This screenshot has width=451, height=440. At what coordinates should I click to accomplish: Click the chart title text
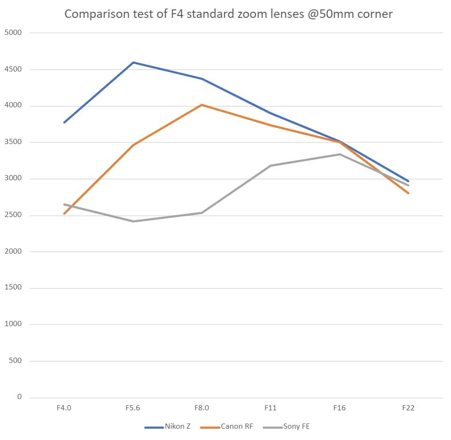pyautogui.click(x=228, y=14)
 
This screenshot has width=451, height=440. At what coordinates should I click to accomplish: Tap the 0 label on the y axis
pyautogui.click(x=19, y=397)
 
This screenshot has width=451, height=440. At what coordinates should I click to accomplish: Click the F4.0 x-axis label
pyautogui.click(x=64, y=408)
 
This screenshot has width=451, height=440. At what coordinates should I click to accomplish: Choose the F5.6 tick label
pyautogui.click(x=133, y=408)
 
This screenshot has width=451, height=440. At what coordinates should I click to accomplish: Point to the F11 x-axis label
pyautogui.click(x=271, y=408)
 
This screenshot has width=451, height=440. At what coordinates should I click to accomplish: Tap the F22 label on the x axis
pyautogui.click(x=408, y=408)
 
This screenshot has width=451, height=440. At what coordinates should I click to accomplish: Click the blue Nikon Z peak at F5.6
pyautogui.click(x=133, y=62)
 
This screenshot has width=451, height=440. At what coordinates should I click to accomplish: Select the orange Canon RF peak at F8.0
pyautogui.click(x=202, y=104)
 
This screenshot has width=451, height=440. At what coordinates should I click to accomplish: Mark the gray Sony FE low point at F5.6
pyautogui.click(x=133, y=221)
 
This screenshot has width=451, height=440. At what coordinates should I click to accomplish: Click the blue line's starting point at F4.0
pyautogui.click(x=64, y=122)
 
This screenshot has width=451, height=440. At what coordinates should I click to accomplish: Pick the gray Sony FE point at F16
pyautogui.click(x=340, y=154)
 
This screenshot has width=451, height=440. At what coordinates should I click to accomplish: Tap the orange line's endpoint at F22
pyautogui.click(x=408, y=193)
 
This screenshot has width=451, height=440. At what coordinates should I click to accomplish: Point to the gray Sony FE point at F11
pyautogui.click(x=271, y=166)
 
